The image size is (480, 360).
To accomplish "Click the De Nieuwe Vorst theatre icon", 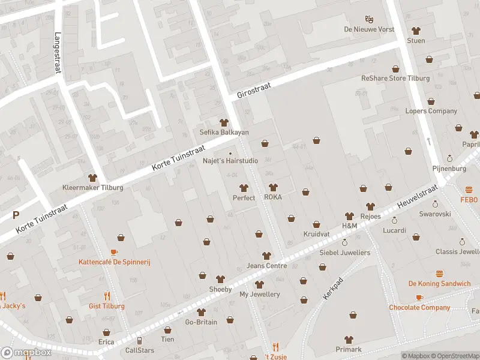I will [x=370, y=19].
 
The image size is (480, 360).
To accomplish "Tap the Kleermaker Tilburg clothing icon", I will [x=92, y=178].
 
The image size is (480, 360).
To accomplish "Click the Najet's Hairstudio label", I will [x=230, y=161].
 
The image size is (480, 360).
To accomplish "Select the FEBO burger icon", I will [x=469, y=188].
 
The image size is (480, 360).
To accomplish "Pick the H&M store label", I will [x=349, y=226].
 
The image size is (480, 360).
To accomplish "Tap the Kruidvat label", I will [x=316, y=234].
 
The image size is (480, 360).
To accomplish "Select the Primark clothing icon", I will [x=349, y=340].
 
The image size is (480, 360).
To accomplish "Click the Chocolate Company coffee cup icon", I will [x=419, y=298].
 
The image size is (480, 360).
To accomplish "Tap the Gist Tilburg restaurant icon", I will [x=107, y=296].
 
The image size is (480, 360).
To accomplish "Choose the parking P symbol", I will [x=16, y=215].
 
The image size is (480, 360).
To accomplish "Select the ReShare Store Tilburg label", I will [x=395, y=79].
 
